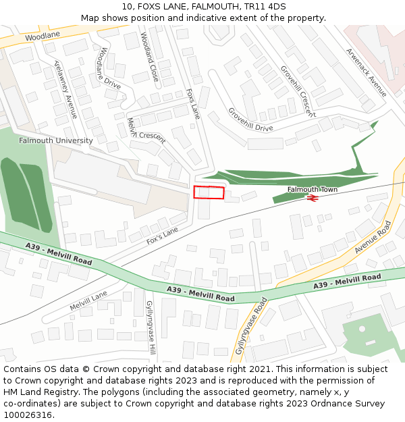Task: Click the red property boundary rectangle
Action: (209, 192)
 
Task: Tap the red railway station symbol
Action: (312, 198)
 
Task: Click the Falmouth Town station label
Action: (312, 190)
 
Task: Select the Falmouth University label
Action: (55, 140)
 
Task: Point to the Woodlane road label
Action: (43, 34)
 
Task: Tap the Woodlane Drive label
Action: (108, 68)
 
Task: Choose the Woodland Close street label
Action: (150, 57)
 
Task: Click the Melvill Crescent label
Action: (146, 129)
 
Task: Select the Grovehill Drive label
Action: (250, 120)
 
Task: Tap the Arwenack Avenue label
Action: (366, 72)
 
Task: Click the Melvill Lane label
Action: (88, 301)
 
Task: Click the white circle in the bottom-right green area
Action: (362, 329)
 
